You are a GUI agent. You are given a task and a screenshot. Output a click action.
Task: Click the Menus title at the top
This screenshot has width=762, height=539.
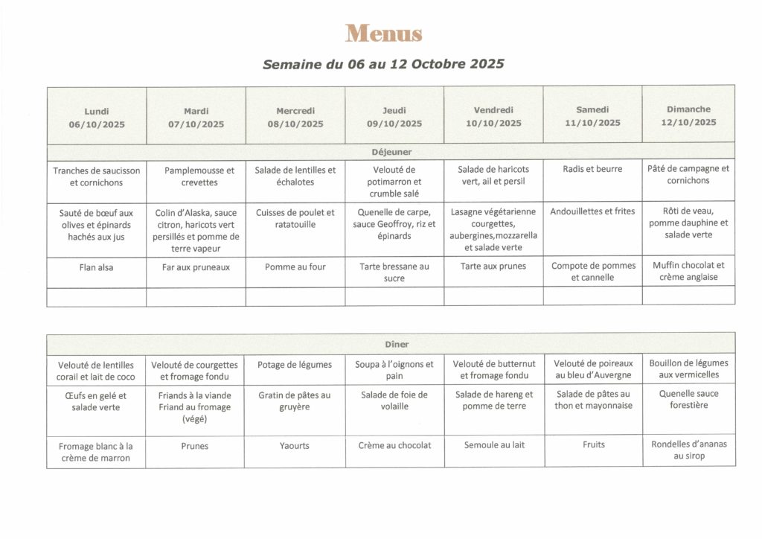(x=383, y=34)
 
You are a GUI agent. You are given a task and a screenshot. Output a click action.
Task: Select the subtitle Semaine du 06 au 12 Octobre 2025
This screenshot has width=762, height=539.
(x=383, y=64)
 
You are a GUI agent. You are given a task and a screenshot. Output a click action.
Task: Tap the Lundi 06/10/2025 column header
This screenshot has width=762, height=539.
(x=97, y=118)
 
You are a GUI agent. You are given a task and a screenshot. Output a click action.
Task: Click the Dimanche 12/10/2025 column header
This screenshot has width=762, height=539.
(x=688, y=115)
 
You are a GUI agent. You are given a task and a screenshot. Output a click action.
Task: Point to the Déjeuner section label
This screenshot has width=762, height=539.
(x=391, y=152)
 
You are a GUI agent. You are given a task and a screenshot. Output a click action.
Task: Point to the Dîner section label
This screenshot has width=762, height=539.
(x=391, y=344)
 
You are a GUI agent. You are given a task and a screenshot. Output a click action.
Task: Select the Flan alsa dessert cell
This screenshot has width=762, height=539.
(x=97, y=267)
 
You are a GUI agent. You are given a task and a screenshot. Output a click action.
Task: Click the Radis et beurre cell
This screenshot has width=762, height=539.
(x=592, y=169)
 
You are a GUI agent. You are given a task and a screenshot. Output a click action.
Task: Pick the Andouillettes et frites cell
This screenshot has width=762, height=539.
(x=592, y=211)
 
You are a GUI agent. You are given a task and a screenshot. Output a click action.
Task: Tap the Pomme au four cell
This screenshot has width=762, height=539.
(x=295, y=267)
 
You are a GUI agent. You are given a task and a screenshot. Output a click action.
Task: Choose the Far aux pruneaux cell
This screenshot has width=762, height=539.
(x=196, y=267)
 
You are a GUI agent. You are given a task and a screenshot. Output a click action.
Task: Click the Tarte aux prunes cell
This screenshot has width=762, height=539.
(x=493, y=267)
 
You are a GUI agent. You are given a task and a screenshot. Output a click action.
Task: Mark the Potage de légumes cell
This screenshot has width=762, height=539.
(x=295, y=364)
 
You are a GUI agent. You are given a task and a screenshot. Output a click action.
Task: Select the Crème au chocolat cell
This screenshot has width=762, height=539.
(x=394, y=445)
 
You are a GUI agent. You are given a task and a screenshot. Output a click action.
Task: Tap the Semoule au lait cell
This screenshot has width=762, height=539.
(x=494, y=445)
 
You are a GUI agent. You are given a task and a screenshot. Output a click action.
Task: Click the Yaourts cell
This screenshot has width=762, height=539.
(x=295, y=445)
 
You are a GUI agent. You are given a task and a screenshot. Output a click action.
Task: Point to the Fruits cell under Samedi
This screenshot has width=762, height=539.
(x=594, y=444)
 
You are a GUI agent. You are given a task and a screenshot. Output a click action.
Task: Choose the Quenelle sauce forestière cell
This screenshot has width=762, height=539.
(x=688, y=400)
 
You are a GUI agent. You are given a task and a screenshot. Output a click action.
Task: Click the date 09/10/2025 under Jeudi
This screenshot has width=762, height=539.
(x=394, y=124)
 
